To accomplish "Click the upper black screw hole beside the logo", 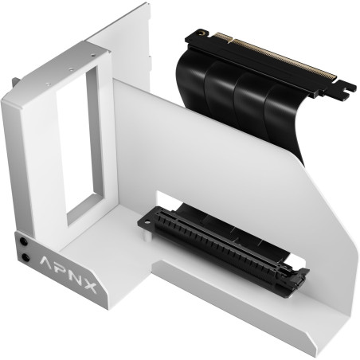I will (x=29, y=240).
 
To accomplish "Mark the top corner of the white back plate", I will (x=147, y=6).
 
